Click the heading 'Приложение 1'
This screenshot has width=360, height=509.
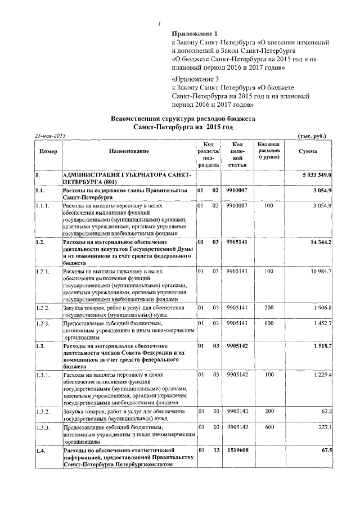pos(194,34)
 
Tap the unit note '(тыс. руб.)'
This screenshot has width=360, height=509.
pos(311,136)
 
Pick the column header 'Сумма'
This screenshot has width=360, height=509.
pos(307,152)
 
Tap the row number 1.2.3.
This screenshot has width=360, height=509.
pos(43,323)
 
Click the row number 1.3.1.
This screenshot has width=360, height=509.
pos(43,375)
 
